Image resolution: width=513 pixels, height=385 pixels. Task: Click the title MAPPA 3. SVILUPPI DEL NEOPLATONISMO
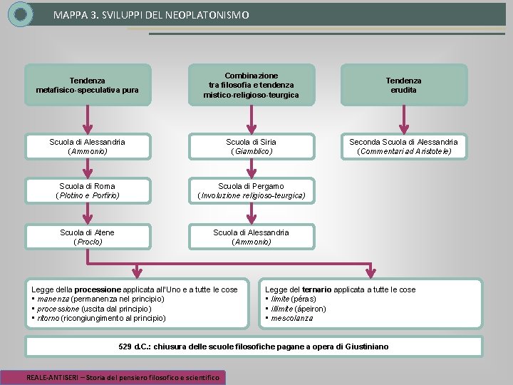151,14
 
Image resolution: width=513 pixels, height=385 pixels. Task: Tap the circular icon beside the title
21,14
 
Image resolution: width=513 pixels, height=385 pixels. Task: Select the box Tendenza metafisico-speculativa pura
88,86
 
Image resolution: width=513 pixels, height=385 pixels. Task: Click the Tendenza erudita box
403,86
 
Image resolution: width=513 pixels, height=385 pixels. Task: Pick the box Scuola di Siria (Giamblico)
252,146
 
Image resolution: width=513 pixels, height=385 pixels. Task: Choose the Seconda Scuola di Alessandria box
403,146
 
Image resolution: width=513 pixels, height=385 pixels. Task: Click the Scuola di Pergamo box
252,190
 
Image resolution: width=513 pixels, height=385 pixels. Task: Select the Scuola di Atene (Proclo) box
88,237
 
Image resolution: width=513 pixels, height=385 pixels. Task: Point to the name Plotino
71,195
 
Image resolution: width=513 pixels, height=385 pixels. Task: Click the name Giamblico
252,151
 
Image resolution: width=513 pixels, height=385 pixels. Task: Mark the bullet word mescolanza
292,318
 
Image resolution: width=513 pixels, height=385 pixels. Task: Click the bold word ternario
316,289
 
